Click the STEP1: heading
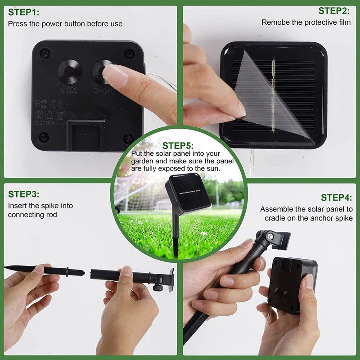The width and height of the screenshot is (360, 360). tap(24, 12)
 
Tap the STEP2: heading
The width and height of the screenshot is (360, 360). tap(334, 11)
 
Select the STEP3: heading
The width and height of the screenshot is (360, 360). tap(24, 194)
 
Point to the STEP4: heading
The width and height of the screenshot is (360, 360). tap(336, 198)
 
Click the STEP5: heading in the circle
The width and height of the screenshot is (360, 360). tap(178, 145)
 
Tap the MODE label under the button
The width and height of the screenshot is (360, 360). tap(69, 90)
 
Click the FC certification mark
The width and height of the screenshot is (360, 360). tap(41, 104)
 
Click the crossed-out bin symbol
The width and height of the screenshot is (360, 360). tap(60, 116)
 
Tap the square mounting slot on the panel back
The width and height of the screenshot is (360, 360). tap(86, 135)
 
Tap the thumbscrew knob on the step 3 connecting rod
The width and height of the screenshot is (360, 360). tap(158, 287)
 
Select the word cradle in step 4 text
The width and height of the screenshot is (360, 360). tap(274, 218)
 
